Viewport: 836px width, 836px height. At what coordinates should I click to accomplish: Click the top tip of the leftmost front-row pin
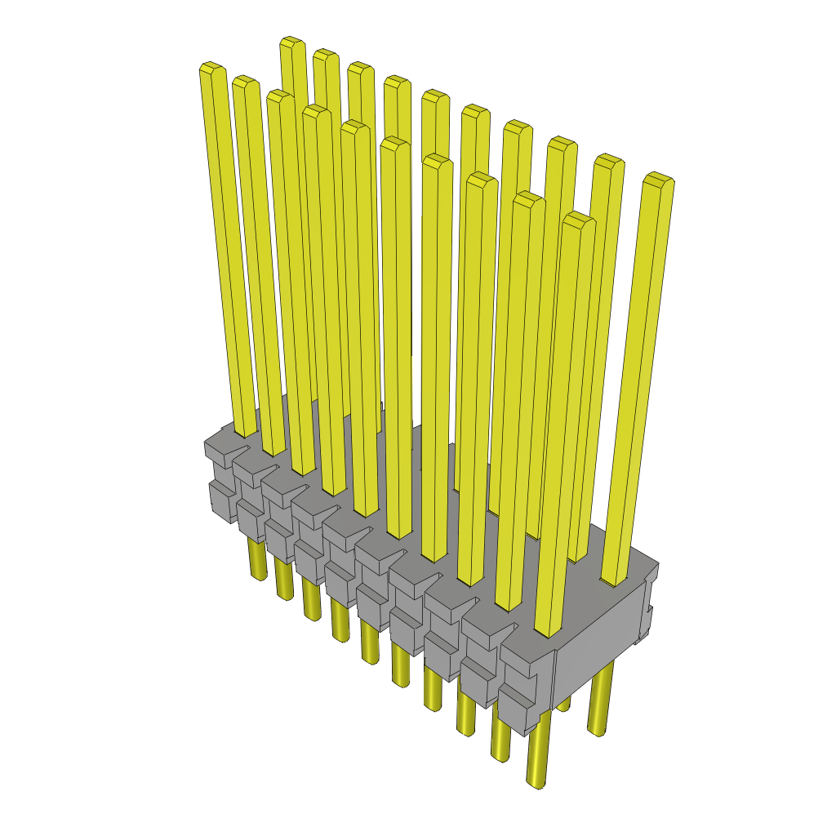pyautogui.click(x=212, y=69)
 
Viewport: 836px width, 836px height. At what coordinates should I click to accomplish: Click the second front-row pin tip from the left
pyautogui.click(x=245, y=82)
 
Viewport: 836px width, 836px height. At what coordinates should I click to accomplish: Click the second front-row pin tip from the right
pyautogui.click(x=529, y=198)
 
